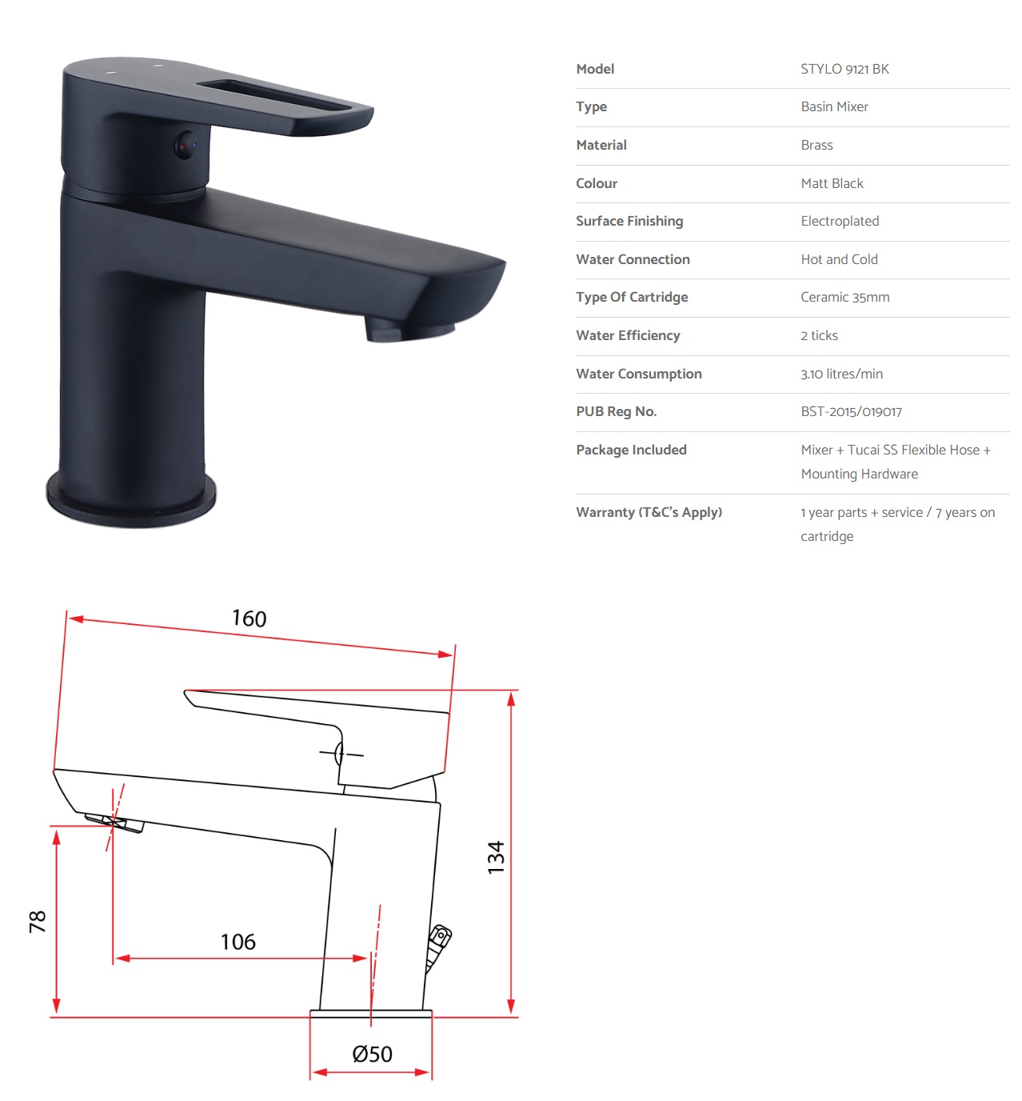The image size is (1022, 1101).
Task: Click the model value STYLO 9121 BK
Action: pyautogui.click(x=844, y=70)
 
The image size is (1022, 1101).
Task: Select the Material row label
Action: pyautogui.click(x=601, y=146)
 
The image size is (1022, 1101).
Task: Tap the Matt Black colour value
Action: pyautogui.click(x=832, y=183)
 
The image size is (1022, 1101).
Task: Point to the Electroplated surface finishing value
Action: pyautogui.click(x=840, y=221)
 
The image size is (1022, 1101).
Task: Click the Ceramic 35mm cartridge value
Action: pyautogui.click(x=844, y=297)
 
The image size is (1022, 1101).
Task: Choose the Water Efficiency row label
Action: pyautogui.click(x=628, y=335)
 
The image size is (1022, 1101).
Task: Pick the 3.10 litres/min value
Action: pyautogui.click(x=841, y=374)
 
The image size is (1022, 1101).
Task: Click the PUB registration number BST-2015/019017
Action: pyautogui.click(x=851, y=411)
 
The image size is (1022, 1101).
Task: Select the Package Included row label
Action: pyautogui.click(x=631, y=450)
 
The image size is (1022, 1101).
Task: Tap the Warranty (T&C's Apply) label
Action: pyautogui.click(x=649, y=512)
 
